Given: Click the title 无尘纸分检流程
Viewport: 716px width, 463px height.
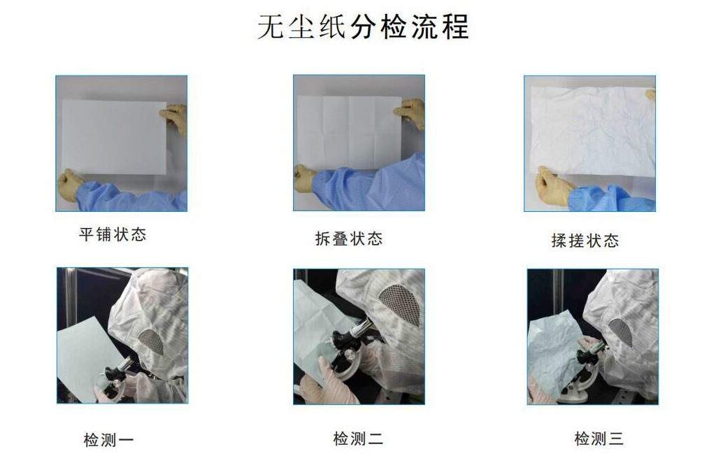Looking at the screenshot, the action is [363, 27].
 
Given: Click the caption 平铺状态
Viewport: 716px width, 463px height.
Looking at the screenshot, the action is [113, 235].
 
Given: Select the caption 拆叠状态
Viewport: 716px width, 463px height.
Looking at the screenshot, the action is [349, 238].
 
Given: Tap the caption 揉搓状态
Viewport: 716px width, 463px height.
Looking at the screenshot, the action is [585, 241].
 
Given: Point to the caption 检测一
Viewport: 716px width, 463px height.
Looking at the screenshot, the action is [108, 440].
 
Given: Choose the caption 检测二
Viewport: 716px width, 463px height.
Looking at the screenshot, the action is [358, 439].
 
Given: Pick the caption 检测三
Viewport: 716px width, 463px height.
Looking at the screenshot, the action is [599, 439].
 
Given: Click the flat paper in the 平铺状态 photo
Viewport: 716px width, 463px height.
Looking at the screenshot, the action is [114, 137].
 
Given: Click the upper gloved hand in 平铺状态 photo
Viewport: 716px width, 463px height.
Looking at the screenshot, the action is [174, 117].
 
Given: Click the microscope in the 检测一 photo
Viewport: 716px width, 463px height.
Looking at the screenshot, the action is [117, 378].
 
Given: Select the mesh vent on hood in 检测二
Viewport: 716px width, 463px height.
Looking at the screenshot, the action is [399, 303].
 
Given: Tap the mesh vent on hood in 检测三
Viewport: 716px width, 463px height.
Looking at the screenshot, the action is [621, 332].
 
